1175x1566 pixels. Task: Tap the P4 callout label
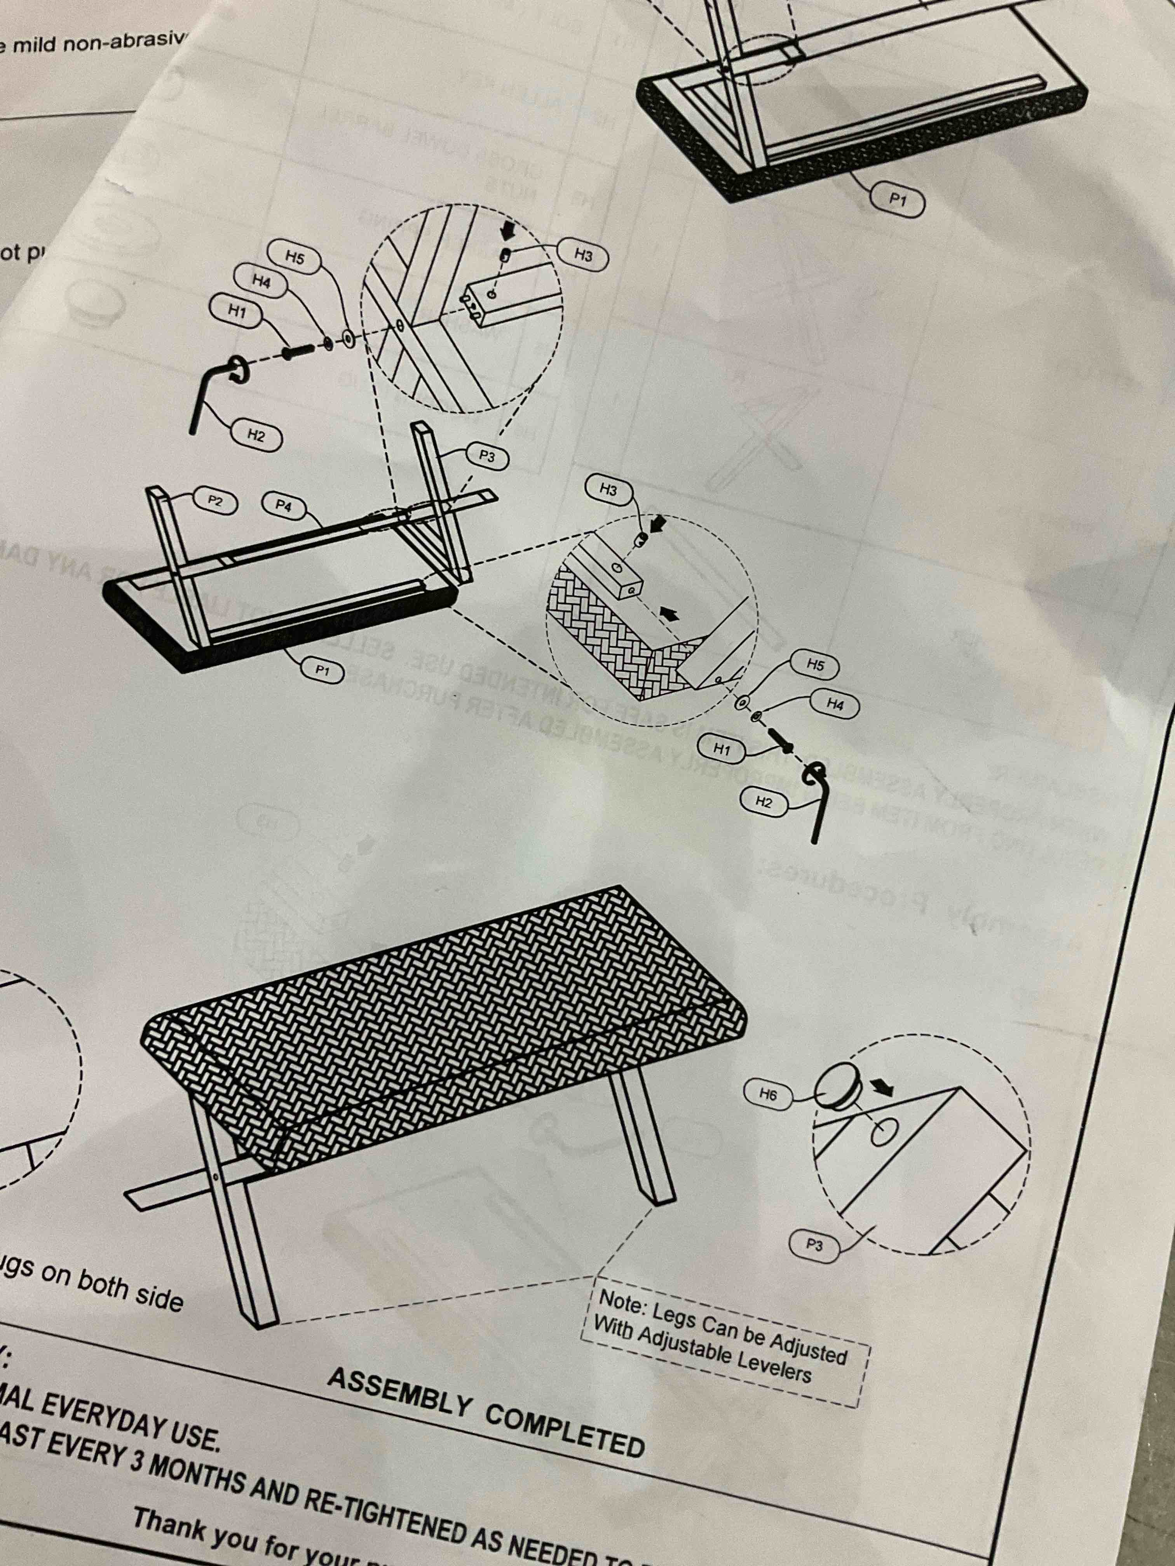(x=283, y=505)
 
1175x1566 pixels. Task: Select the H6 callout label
(x=768, y=1094)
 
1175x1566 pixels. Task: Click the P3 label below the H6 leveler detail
(x=814, y=1244)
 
